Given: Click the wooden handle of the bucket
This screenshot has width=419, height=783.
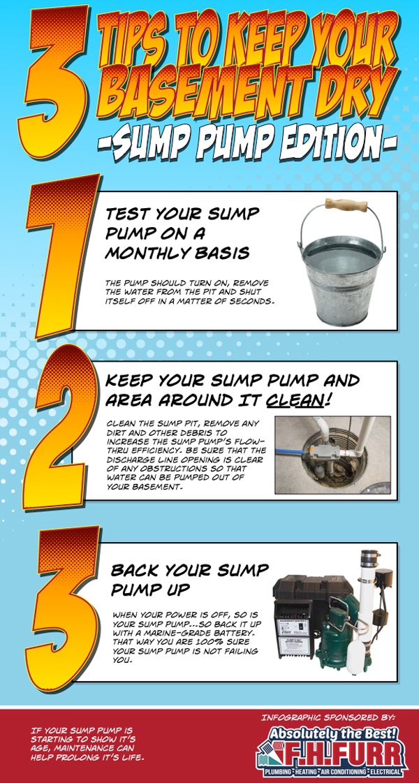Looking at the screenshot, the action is click(346, 204).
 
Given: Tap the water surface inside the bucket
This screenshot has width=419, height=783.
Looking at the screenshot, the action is click(342, 255).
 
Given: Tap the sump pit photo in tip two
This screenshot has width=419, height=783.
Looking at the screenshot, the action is click(332, 455).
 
